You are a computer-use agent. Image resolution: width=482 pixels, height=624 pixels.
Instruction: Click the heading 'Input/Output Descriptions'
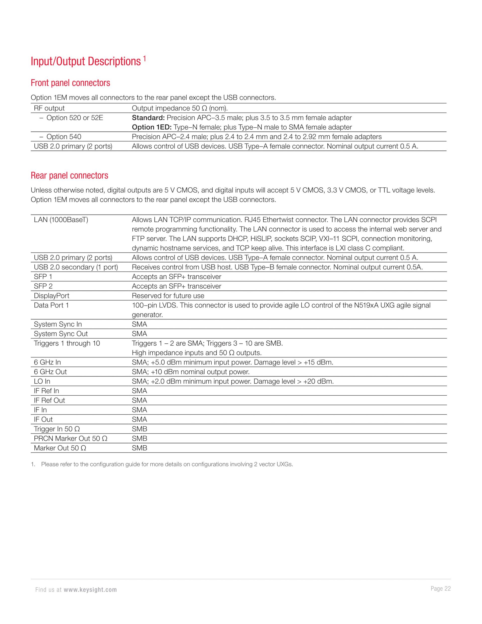coord(86,62)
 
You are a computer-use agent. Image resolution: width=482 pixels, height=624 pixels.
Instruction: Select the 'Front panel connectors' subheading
coord(70,83)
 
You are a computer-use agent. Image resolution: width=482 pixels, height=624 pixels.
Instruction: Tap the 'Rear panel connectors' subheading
coord(69,175)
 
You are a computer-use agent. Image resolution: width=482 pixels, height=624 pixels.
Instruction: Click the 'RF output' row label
coord(49,108)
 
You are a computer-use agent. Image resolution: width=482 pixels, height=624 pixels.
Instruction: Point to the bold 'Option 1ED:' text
coord(151,127)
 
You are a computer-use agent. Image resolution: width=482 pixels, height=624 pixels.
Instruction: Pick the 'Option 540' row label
coord(64,137)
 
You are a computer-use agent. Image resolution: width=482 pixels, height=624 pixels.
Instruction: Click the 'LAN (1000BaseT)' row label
coord(61,220)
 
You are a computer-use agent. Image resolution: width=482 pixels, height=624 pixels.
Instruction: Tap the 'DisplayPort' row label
coord(51,296)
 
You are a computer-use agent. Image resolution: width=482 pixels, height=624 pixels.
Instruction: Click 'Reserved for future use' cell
coord(168,296)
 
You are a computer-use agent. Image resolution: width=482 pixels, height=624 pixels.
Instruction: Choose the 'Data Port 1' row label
coord(51,305)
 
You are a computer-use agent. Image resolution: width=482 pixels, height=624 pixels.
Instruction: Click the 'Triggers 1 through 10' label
coord(67,343)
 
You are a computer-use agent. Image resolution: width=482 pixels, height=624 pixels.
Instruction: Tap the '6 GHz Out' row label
coord(50,372)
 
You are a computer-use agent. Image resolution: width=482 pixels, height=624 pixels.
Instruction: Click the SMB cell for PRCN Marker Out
coord(139,438)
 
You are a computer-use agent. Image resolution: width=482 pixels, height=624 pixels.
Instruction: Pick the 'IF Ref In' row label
coord(46,391)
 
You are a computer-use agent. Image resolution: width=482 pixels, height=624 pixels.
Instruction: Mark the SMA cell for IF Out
coord(139,420)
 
